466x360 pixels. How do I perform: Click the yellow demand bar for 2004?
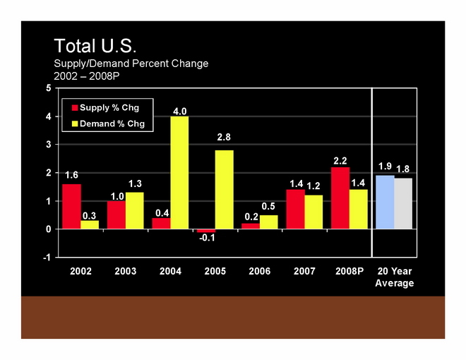[x=179, y=172]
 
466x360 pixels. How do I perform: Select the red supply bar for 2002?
[x=71, y=206]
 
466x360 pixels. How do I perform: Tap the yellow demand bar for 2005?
[x=224, y=189]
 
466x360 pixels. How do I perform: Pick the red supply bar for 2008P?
[x=340, y=198]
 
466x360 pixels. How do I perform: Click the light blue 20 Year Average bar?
[x=385, y=202]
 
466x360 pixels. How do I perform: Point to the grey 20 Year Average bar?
[x=403, y=203]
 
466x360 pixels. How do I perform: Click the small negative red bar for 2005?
[x=206, y=231]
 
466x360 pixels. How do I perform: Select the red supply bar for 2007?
[x=295, y=209]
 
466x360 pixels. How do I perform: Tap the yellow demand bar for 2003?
[x=134, y=210]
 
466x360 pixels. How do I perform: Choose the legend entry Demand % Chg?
[x=111, y=124]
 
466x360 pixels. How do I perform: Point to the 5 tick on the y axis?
[x=48, y=88]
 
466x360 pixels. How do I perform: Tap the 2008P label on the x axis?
[x=349, y=272]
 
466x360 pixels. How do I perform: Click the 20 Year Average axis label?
[x=394, y=277]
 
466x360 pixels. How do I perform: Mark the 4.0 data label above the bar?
[x=180, y=111]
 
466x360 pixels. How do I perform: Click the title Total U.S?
[x=95, y=47]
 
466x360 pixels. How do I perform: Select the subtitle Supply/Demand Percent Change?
[x=131, y=64]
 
